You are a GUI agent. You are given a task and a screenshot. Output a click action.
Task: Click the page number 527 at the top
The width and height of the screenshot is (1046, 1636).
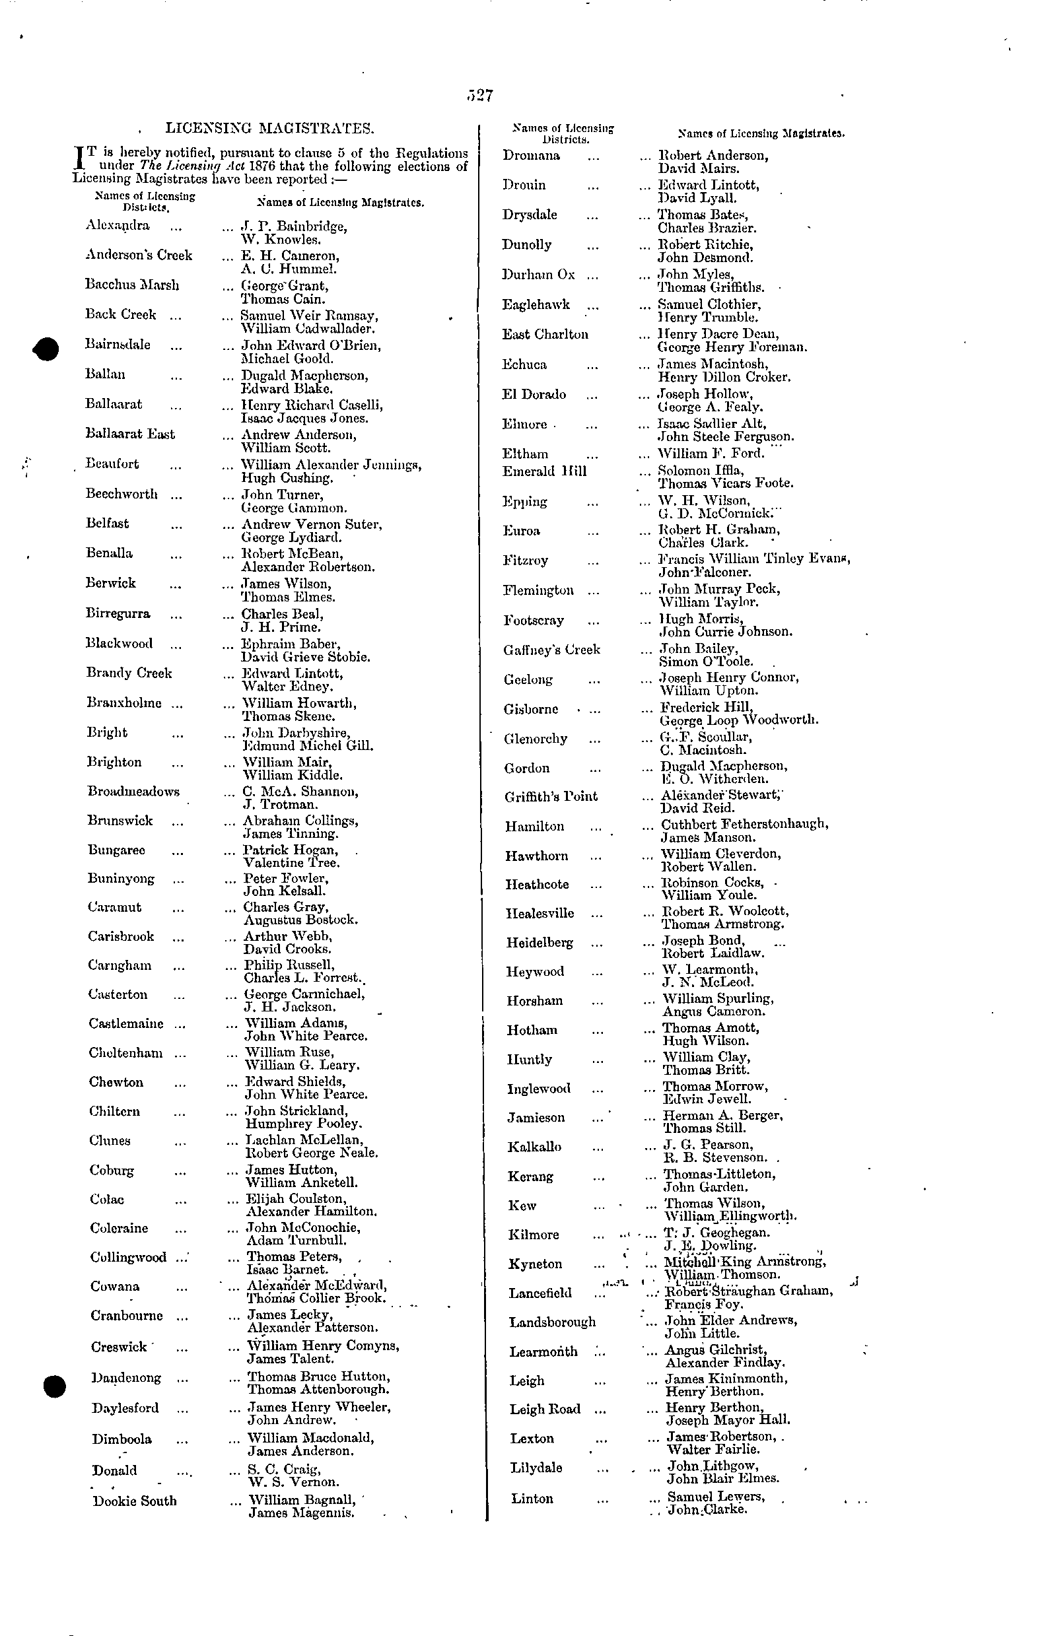[480, 96]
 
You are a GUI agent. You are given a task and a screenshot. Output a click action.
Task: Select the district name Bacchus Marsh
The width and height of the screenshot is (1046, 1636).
[132, 285]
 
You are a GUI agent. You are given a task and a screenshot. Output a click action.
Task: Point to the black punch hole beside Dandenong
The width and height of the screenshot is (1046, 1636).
[53, 1386]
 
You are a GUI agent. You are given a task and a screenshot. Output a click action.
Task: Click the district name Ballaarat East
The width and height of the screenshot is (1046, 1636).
[130, 434]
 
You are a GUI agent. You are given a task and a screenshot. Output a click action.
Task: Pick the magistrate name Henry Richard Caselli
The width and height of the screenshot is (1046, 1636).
[312, 405]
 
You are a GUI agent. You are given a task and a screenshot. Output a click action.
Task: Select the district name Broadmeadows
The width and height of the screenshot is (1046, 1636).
[133, 792]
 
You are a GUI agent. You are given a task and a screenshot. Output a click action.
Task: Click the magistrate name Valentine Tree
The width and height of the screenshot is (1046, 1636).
[292, 863]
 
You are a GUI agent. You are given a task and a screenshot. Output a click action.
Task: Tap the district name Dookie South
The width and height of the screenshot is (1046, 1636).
[135, 1501]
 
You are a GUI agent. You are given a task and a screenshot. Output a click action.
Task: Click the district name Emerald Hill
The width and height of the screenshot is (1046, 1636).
[544, 471]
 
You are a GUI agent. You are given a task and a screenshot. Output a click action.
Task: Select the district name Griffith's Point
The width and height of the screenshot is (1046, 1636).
[551, 797]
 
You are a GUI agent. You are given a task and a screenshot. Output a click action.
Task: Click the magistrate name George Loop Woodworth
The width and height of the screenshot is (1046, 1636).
[740, 720]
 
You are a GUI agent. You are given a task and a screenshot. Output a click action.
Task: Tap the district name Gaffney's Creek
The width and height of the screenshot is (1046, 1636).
[552, 650]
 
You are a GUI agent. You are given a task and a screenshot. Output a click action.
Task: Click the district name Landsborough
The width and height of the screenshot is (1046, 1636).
[553, 1322]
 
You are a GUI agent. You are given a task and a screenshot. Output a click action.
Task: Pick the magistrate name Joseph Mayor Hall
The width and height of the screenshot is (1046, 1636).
[728, 1420]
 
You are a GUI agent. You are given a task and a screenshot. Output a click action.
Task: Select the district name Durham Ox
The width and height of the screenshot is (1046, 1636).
[538, 275]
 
